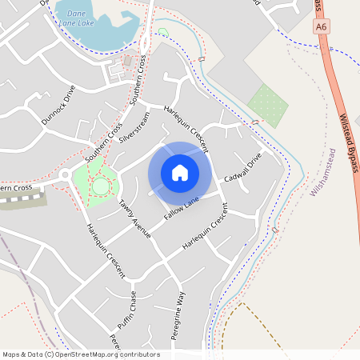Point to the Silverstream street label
134,128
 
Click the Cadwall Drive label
242,167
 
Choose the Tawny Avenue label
134,218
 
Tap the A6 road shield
320,26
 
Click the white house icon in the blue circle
180,172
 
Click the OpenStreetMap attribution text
81,354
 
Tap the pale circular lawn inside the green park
100,186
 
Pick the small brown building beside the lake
127,61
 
